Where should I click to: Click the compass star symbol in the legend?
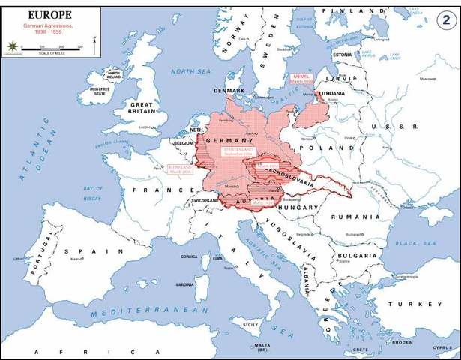point(12,46)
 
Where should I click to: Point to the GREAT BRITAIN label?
point(142,109)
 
